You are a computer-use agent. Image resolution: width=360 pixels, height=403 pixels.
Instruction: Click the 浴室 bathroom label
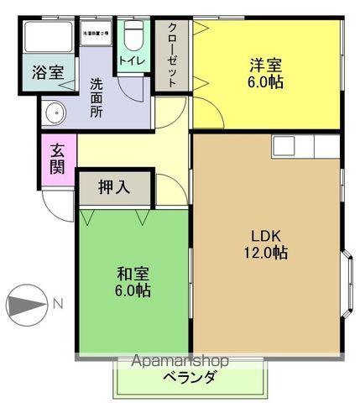click(48, 72)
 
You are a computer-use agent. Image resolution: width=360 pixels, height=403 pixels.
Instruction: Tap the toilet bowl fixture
click(133, 35)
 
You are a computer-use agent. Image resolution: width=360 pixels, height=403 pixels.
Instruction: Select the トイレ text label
click(132, 60)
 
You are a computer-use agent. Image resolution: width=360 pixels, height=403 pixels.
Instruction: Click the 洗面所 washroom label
click(97, 97)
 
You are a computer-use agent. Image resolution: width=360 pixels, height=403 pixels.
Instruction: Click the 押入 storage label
click(113, 187)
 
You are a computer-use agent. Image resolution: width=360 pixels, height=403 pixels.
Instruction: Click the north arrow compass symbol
click(31, 304)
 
